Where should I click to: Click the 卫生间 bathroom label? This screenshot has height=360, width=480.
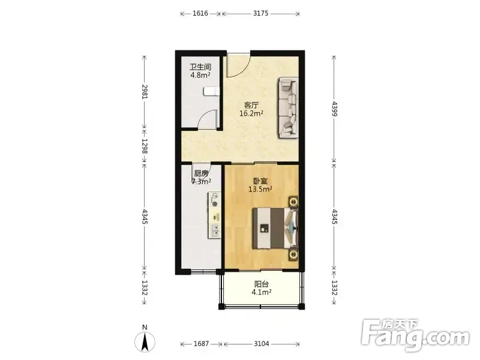(x=200, y=67)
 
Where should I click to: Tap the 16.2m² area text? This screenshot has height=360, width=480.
(x=251, y=113)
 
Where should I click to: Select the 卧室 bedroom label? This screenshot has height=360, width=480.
(x=260, y=181)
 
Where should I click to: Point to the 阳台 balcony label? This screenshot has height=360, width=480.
(x=262, y=284)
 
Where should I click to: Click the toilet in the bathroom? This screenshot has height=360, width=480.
(x=212, y=91)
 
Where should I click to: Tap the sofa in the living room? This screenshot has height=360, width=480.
(x=288, y=107)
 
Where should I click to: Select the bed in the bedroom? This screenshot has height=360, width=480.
(x=275, y=228)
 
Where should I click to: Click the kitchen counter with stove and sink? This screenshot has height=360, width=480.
(x=215, y=215)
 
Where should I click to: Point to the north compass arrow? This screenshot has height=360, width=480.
(x=145, y=341)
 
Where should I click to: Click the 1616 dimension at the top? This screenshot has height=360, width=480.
(x=200, y=13)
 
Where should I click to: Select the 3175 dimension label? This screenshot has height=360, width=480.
(x=261, y=13)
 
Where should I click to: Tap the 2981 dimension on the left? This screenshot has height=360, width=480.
(x=145, y=91)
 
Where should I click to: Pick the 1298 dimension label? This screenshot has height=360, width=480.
(x=145, y=146)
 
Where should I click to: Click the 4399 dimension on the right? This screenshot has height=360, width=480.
(x=334, y=109)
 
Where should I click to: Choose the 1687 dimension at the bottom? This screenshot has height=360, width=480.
(x=201, y=344)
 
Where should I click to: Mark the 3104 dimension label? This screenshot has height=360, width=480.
(x=262, y=344)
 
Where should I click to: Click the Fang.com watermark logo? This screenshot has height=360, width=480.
(x=415, y=335)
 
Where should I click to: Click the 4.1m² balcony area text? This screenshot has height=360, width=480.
(x=262, y=292)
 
